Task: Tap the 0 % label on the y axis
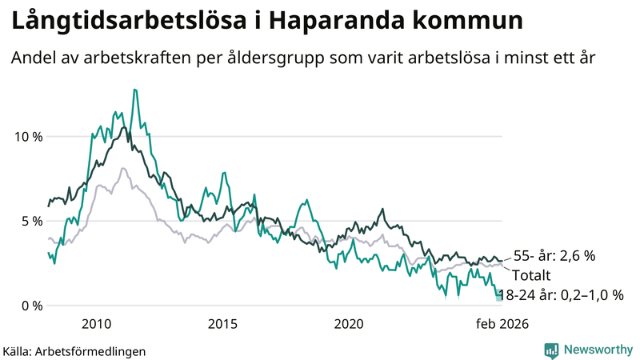click(31, 306)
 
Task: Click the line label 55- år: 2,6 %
click(555, 256)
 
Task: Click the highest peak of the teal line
click(134, 90)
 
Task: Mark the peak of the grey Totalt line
click(122, 168)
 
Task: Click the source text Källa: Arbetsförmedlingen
click(74, 350)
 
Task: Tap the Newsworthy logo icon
click(551, 350)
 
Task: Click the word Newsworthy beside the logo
click(598, 350)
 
